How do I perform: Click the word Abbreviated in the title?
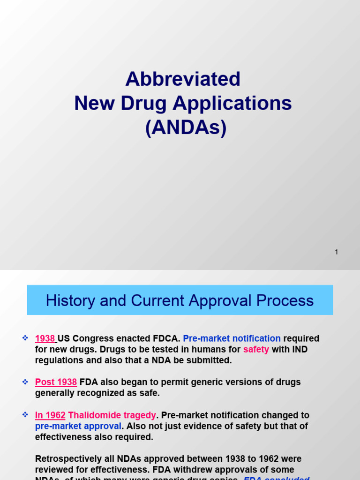tap(183, 79)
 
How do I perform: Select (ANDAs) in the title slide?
tap(186, 127)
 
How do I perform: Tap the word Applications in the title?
tap(232, 103)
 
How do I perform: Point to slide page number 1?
tap(336, 252)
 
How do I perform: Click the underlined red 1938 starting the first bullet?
tap(45, 338)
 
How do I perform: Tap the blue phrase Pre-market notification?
tap(232, 338)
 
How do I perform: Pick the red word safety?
tap(256, 349)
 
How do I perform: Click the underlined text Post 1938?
tap(56, 382)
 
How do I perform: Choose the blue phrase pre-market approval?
tap(78, 426)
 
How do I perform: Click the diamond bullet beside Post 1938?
tap(25, 382)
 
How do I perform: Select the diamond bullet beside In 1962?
tap(25, 415)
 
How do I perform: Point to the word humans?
tap(210, 349)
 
